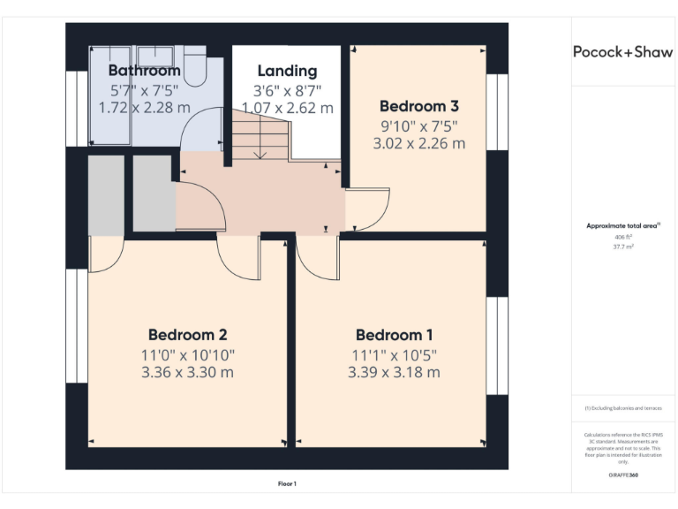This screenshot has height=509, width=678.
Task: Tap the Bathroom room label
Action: pos(144,71)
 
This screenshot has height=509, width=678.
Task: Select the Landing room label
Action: pos(287,71)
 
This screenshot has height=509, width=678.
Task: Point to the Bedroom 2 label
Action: pos(187,335)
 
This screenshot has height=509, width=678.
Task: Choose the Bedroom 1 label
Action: pos(394,335)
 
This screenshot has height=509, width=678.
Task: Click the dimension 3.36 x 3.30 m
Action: pos(187,372)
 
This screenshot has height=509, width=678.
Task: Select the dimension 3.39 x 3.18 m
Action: pos(394,372)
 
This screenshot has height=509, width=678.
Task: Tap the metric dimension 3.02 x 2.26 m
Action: pos(418,142)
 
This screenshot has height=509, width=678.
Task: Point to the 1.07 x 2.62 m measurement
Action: pos(287,108)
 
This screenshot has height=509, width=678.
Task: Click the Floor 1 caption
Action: pos(287,483)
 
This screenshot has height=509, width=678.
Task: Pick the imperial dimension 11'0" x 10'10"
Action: pos(187,353)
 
